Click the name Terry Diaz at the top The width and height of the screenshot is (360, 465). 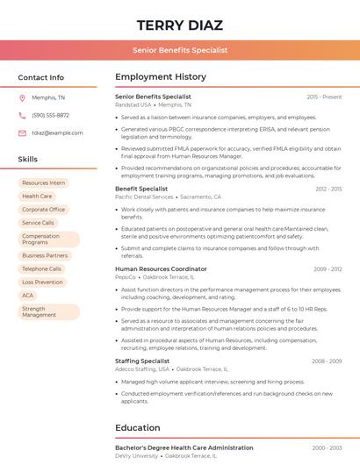pos(180,25)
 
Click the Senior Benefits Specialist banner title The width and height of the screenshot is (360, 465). pos(180,50)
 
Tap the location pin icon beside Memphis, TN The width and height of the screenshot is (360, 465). pos(22,97)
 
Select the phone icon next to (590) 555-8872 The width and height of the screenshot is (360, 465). pos(22,115)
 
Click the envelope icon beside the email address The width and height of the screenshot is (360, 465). pos(22,133)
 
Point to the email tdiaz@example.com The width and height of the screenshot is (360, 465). pos(57,133)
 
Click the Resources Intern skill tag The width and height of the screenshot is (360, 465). pos(44,183)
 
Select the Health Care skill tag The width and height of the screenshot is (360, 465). pos(37,197)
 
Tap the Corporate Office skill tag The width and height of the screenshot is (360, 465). pos(44,210)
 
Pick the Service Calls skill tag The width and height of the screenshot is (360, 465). pos(38,223)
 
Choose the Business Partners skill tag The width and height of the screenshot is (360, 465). pos(45,255)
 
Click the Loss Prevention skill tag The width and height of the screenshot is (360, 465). pos(42,283)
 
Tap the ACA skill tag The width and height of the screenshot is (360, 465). pos(28,296)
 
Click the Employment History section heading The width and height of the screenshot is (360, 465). pos(161,77)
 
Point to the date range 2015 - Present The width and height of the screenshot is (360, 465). pos(324,97)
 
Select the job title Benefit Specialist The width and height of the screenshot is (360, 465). pos(141,189)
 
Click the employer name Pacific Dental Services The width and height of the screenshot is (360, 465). pos(144,197)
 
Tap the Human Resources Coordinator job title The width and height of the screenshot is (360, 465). pos(161,268)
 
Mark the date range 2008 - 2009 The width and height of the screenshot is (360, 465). pos(327,361)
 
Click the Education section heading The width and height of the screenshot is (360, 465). pos(138,428)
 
